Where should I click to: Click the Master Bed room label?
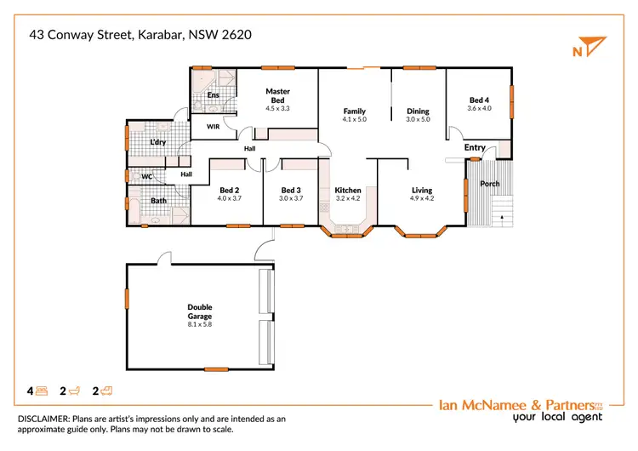coord(277,95)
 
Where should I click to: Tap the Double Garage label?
coord(200,311)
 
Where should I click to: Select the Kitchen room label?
coord(348,190)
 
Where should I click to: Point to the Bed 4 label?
coord(480,100)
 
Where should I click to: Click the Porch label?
coord(490,184)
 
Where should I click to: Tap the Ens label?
coord(213,94)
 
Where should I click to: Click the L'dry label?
coord(158,142)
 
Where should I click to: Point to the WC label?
coord(146,177)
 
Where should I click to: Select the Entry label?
coord(475,148)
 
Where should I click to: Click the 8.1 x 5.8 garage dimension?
coord(200,325)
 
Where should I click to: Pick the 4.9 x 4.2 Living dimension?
coord(422,199)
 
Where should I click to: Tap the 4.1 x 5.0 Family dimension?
coord(354,120)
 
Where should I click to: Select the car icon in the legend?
coord(107,391)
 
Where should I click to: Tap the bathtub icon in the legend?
coord(74,391)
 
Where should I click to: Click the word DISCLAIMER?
coord(42,419)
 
